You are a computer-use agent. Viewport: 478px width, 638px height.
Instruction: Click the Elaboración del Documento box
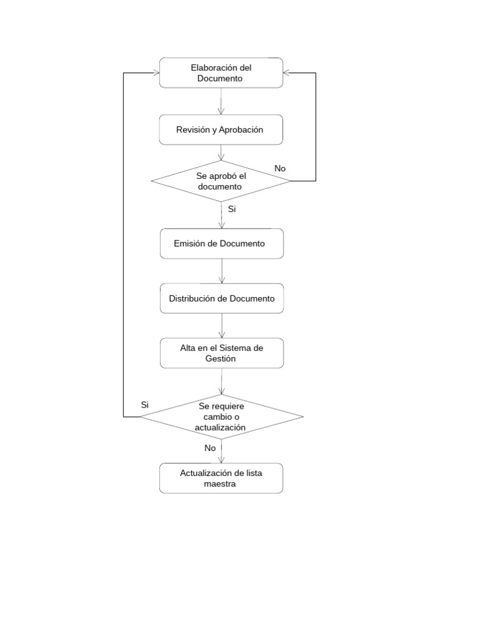221,73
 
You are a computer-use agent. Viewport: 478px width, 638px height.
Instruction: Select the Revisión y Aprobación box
221,130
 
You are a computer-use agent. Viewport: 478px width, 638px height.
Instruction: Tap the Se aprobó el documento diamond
221,181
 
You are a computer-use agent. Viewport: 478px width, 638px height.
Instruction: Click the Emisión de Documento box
221,243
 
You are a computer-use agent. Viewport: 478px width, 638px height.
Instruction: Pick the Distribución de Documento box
221,298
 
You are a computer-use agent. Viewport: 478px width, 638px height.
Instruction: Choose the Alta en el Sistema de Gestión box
221,353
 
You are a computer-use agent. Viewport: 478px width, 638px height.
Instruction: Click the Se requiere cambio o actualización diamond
221,416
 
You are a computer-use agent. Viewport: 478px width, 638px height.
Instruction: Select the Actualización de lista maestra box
221,478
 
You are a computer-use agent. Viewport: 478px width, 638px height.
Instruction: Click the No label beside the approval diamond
280,168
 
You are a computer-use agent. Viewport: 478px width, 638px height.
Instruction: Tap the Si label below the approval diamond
232,209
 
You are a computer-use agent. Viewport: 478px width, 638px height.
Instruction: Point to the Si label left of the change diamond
144,404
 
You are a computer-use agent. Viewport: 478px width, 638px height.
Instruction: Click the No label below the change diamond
210,447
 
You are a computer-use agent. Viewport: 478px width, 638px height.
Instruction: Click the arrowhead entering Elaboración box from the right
287,73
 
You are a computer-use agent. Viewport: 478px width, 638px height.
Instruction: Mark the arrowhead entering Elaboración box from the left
156,73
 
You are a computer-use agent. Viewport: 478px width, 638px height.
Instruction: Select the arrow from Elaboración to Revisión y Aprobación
222,101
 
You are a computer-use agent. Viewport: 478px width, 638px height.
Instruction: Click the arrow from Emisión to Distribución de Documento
222,270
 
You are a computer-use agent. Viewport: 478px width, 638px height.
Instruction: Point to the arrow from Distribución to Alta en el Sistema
222,326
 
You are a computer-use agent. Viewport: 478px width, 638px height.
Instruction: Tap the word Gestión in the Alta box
221,359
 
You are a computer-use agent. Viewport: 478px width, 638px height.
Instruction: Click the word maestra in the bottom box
221,483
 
